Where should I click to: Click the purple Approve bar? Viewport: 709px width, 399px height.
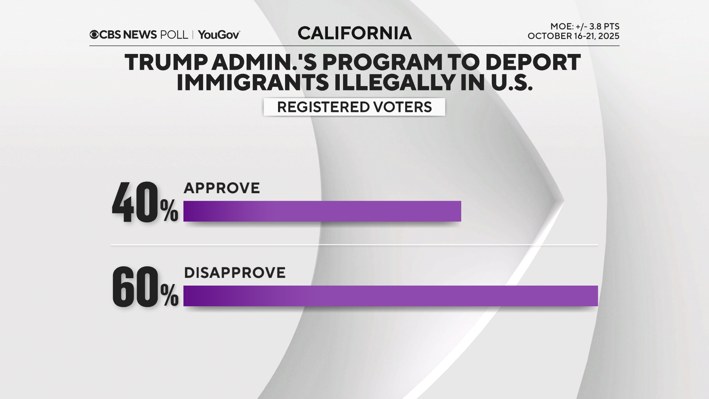(x=322, y=211)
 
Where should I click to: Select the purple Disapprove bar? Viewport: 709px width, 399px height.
(x=390, y=296)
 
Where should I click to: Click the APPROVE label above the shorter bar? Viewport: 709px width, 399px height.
(x=222, y=188)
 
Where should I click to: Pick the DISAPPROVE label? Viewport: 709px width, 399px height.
(x=234, y=273)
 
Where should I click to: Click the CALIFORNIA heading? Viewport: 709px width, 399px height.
(x=354, y=33)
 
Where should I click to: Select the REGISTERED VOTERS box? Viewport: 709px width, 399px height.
(x=354, y=107)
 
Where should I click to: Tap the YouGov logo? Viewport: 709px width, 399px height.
(x=219, y=35)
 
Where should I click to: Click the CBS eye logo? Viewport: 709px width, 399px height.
(x=94, y=35)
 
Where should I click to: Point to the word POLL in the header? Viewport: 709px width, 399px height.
(x=174, y=35)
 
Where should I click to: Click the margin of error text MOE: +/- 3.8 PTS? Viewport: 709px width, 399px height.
(x=585, y=27)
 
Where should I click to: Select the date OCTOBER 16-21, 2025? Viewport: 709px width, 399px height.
(x=573, y=36)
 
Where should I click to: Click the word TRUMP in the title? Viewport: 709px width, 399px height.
(x=166, y=62)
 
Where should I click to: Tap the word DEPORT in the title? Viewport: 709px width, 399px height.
(x=533, y=62)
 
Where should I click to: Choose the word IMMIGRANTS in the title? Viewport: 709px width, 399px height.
(x=253, y=82)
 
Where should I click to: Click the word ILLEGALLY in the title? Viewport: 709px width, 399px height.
(x=395, y=82)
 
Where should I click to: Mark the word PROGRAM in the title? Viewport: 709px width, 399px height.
(x=383, y=62)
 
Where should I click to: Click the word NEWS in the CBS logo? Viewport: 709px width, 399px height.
(x=140, y=35)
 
